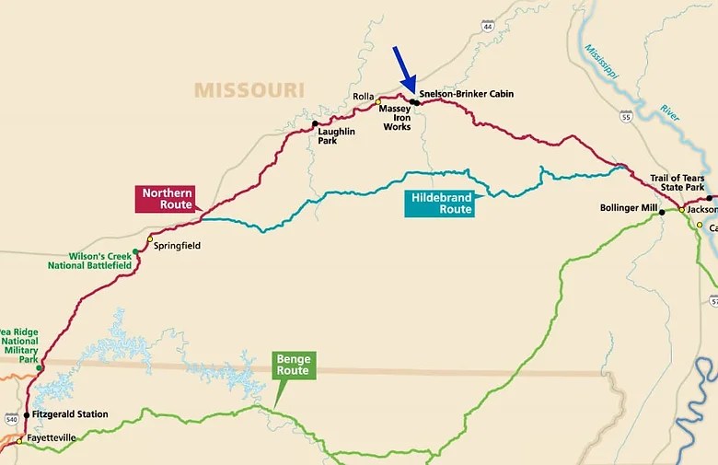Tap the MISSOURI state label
point(249,89)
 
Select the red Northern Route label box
point(167,198)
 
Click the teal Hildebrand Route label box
point(442,203)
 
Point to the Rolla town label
point(363,97)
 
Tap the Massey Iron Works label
point(397,117)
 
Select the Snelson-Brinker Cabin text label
point(466,94)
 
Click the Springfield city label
point(176,246)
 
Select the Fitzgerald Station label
point(70,414)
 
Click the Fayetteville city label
point(51,437)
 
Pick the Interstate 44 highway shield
point(488,26)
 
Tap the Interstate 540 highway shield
point(9,420)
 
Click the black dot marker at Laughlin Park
point(315,123)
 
